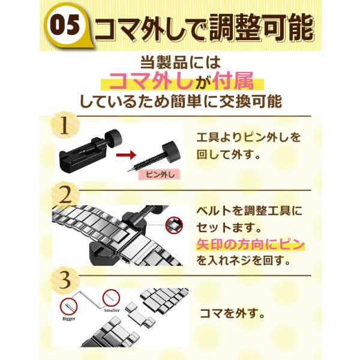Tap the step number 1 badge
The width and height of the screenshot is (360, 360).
pos(65,126)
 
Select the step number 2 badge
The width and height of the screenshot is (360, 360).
pos(65,196)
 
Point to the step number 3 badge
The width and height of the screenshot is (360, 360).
pos(65,280)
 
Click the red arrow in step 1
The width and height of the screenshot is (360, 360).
pos(126,155)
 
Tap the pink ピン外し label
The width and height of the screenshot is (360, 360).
pos(160,175)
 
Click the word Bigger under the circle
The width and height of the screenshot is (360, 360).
pos(68,319)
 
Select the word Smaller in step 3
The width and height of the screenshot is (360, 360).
pos(112,310)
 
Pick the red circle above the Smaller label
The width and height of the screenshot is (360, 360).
pos(111,298)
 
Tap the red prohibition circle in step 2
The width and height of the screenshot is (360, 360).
pos(174,225)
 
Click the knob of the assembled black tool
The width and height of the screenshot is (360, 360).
pos(114,137)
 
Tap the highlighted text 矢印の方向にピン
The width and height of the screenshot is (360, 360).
pos(250,245)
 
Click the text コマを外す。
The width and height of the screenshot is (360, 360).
pos(232,313)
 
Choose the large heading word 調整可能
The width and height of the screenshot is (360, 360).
pos(261,28)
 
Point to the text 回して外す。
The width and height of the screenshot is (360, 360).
pos(229,155)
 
